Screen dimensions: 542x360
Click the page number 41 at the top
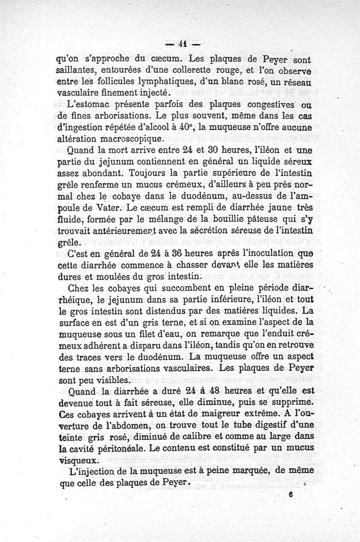pos(182,44)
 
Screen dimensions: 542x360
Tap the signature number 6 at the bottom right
pos(292,493)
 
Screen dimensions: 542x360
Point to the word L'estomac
pos(84,104)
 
